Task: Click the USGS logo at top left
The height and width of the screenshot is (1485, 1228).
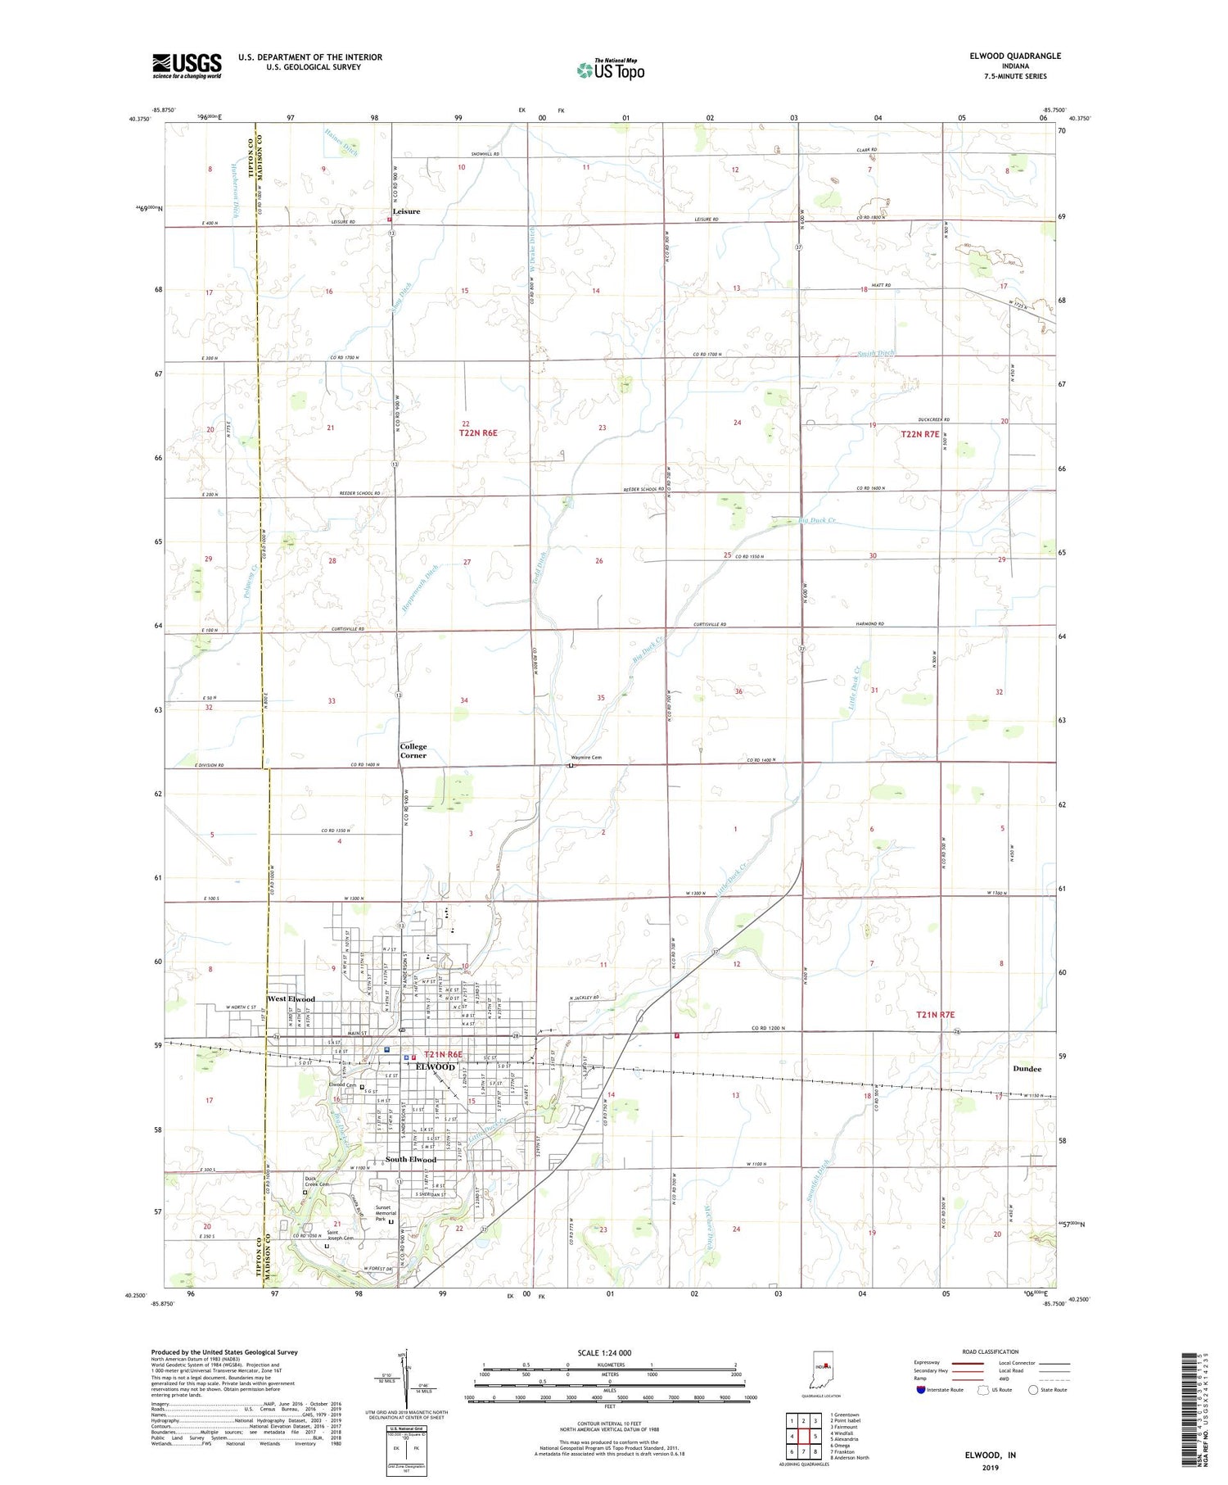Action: tap(187, 66)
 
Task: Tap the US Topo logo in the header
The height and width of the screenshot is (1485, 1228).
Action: tap(611, 70)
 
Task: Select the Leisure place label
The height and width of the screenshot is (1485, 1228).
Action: tap(406, 211)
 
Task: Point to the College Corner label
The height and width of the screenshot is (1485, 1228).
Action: tap(413, 751)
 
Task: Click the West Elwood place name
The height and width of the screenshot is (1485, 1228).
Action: tap(291, 999)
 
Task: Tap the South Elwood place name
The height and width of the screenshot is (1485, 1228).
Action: tap(411, 1160)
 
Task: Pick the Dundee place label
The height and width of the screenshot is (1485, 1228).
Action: tap(1027, 1069)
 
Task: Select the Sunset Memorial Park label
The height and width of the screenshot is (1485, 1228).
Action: tap(386, 1213)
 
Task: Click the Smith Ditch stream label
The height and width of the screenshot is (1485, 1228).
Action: tap(876, 354)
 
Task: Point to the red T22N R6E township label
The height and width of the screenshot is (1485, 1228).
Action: tap(478, 432)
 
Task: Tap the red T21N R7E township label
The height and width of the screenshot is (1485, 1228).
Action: tap(935, 1015)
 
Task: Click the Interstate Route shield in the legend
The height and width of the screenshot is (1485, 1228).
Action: tap(921, 1389)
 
